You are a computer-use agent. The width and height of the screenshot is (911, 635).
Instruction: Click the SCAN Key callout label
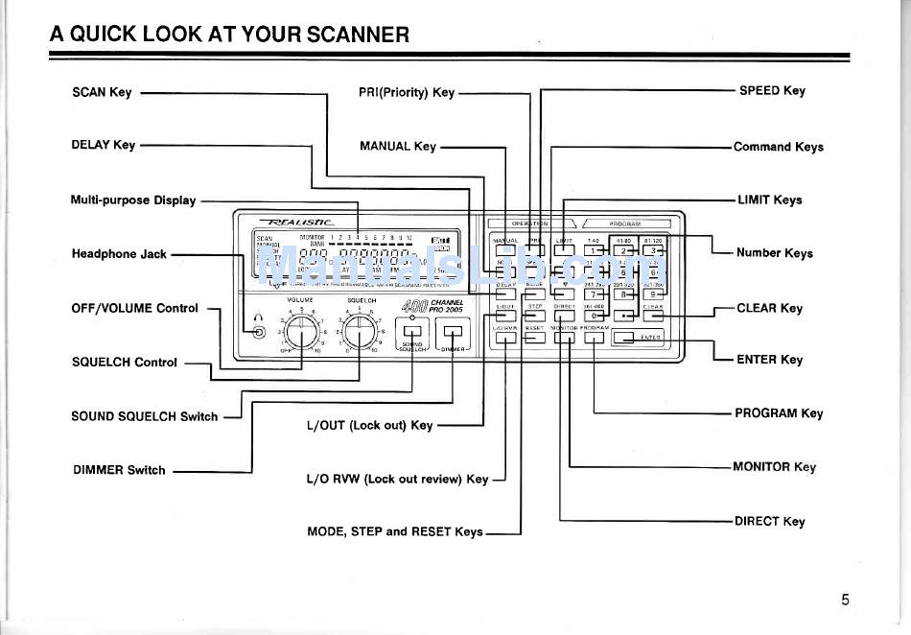pyautogui.click(x=102, y=93)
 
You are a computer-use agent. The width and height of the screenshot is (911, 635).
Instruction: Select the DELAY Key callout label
pyautogui.click(x=104, y=145)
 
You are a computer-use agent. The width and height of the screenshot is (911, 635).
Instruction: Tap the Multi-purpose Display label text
pyautogui.click(x=133, y=200)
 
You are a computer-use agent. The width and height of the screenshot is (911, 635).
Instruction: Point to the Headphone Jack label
pyautogui.click(x=119, y=254)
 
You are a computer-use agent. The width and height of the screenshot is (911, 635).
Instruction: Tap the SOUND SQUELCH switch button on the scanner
pyautogui.click(x=413, y=333)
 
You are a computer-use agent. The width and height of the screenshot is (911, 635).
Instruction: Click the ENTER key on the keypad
pyautogui.click(x=638, y=337)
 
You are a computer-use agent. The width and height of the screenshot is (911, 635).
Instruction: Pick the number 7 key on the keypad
pyautogui.click(x=596, y=294)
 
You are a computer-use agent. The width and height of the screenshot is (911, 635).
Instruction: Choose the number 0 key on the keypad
pyautogui.click(x=596, y=315)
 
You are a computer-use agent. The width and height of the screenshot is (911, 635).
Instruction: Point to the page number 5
pyautogui.click(x=845, y=600)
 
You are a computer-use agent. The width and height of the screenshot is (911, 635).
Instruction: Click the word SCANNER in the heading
pyautogui.click(x=359, y=35)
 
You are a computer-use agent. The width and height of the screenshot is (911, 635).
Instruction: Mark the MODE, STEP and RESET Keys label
pyautogui.click(x=394, y=531)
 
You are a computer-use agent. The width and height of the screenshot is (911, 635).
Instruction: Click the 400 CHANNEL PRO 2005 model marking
pyautogui.click(x=432, y=307)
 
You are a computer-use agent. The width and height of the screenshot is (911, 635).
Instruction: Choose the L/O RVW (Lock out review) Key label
pyautogui.click(x=397, y=479)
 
